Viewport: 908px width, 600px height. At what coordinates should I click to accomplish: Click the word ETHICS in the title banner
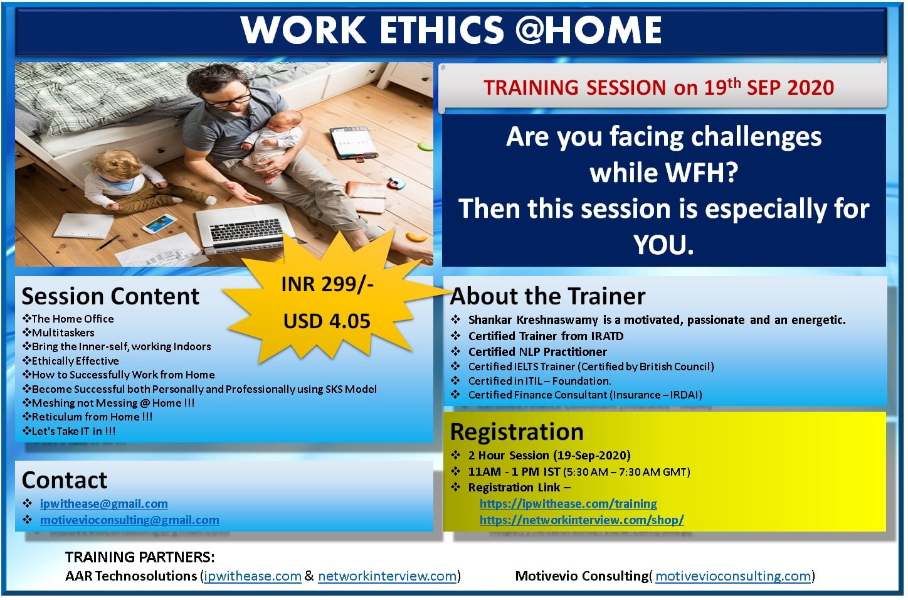click(x=442, y=30)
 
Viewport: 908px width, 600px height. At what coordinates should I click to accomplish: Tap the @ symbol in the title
click(x=531, y=30)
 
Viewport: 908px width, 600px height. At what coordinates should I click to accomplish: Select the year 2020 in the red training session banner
click(x=810, y=88)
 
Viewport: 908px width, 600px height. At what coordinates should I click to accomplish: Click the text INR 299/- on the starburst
click(x=327, y=284)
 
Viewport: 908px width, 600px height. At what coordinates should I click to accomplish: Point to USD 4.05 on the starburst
click(x=327, y=321)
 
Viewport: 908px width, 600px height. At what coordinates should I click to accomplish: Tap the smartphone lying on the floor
click(x=159, y=223)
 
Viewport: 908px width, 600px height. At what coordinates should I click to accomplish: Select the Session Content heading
click(x=110, y=296)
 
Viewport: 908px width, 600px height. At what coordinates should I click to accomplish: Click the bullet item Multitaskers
click(x=58, y=333)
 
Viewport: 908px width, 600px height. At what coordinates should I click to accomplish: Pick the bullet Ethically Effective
click(x=71, y=361)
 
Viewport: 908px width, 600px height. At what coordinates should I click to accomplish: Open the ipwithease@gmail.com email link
click(x=103, y=504)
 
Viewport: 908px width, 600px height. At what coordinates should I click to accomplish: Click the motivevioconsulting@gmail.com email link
click(x=130, y=520)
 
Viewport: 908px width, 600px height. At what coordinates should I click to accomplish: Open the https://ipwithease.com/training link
click(x=568, y=504)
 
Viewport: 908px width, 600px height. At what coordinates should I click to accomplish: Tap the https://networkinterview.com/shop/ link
click(x=582, y=520)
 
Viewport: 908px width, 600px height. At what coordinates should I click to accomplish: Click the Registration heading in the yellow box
click(x=517, y=432)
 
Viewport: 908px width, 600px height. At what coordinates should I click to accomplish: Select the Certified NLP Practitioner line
click(x=537, y=351)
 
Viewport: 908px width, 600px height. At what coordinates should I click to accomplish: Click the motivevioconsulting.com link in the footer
click(x=733, y=576)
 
